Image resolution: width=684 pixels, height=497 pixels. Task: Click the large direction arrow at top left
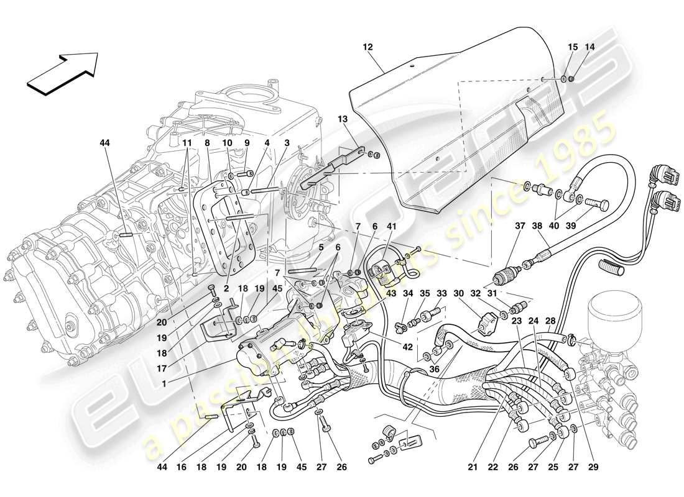62,72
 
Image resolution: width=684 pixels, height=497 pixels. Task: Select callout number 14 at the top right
589,47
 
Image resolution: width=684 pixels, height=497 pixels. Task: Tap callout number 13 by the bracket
343,119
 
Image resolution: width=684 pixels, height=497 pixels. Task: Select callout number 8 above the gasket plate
208,142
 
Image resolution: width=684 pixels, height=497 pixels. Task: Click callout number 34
407,294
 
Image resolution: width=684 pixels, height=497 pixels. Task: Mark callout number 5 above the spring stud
320,247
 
